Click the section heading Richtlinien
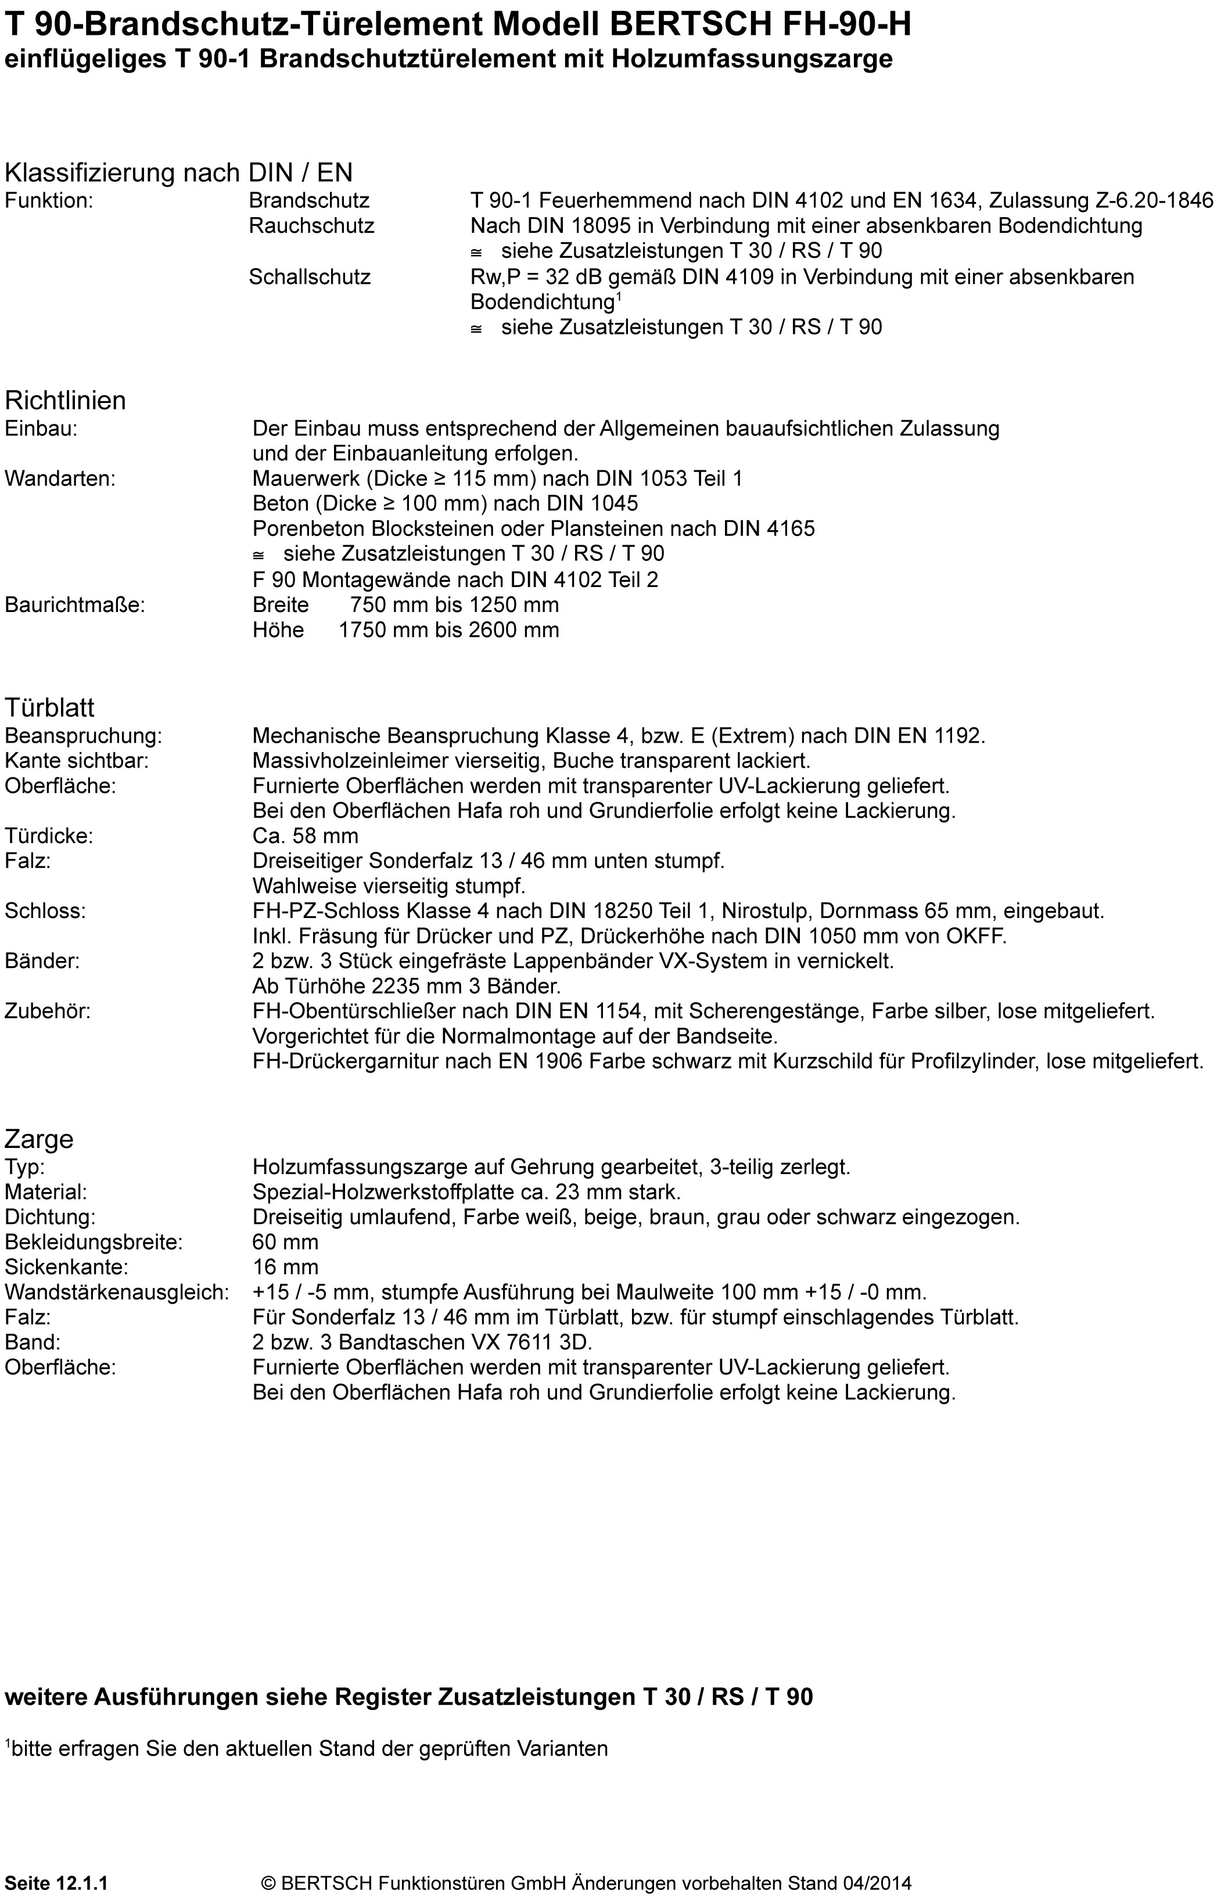click(x=66, y=400)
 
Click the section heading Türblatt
click(x=49, y=707)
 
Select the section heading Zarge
click(x=38, y=1139)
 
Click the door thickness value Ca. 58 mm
click(x=306, y=836)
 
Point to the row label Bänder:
click(x=42, y=960)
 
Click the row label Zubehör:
click(x=48, y=1011)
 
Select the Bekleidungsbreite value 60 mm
click(x=285, y=1242)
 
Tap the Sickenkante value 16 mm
click(x=285, y=1266)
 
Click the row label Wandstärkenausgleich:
click(x=117, y=1292)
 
